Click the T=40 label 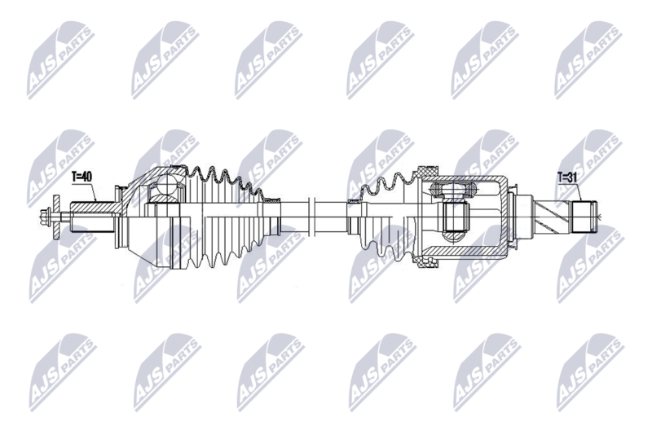(81, 177)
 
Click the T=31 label (567, 178)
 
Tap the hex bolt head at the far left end (45, 217)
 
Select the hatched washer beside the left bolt (56, 217)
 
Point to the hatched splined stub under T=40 (94, 206)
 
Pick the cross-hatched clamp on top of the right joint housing (427, 171)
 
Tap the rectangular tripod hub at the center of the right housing (455, 217)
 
